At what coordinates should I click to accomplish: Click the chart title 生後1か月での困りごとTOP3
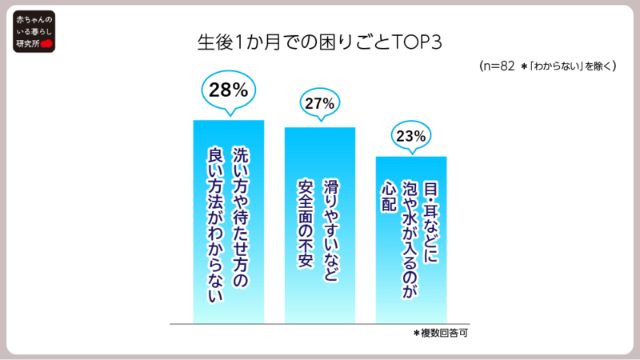click(320, 42)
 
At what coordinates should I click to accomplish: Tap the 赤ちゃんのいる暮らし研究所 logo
click(34, 33)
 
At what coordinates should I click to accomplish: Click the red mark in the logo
click(46, 44)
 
